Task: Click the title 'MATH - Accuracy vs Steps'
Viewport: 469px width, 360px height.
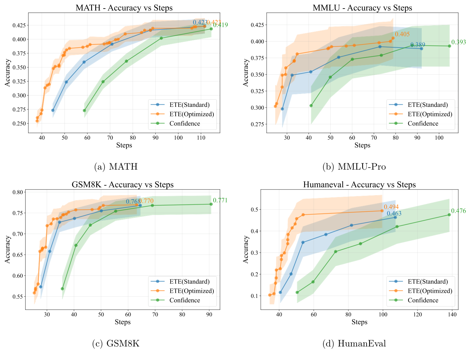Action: (x=124, y=8)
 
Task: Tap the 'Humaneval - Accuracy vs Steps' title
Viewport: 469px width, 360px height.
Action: (x=359, y=184)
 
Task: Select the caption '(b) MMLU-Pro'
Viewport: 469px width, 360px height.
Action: (x=354, y=166)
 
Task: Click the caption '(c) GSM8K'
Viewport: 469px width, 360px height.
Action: (x=115, y=343)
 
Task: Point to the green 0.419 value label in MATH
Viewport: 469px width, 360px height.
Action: (x=220, y=25)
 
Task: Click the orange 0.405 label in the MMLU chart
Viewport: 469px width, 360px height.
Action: (x=402, y=34)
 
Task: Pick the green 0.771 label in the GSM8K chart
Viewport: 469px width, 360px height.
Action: (x=220, y=200)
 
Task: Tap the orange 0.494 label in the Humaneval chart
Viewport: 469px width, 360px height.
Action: (x=391, y=207)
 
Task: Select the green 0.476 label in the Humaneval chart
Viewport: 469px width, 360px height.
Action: (x=458, y=211)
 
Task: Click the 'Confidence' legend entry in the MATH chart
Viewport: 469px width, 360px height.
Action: (x=184, y=123)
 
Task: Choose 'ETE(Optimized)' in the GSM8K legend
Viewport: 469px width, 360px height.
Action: (x=191, y=291)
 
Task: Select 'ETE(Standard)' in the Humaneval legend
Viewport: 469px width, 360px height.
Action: (x=427, y=282)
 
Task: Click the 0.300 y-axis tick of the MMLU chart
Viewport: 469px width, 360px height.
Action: (x=257, y=108)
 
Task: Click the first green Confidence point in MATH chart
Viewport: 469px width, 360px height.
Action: (x=84, y=110)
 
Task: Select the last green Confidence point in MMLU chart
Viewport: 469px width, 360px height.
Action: (x=449, y=46)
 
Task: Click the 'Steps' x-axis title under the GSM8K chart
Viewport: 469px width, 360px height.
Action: (x=123, y=322)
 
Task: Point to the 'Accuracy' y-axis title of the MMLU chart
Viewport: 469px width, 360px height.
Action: (x=246, y=73)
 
